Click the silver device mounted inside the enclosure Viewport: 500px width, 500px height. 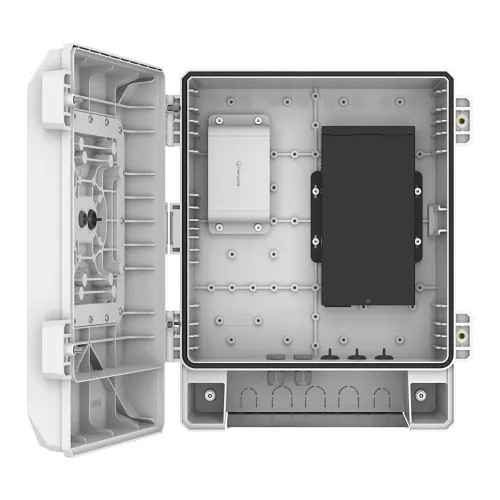coord(242,173)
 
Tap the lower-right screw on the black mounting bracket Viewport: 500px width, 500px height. coord(418,240)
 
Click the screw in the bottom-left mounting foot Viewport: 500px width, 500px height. coord(208,393)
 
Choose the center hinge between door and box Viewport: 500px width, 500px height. coord(174,217)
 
